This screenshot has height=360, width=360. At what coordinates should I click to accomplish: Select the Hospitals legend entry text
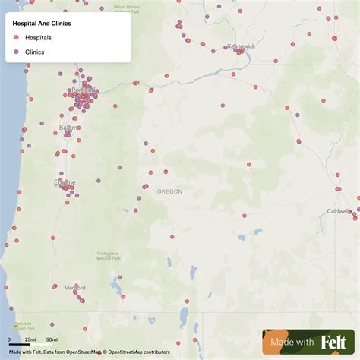tap(39, 37)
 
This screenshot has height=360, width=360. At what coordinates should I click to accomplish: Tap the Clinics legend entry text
tap(35, 52)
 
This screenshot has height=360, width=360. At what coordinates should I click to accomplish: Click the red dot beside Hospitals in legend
tap(17, 37)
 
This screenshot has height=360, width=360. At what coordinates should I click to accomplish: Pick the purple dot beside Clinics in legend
tap(17, 52)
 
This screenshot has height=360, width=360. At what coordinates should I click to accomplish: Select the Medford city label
tap(74, 287)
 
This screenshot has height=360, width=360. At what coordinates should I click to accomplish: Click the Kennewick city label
tap(241, 46)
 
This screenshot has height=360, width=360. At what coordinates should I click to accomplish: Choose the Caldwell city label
tap(339, 210)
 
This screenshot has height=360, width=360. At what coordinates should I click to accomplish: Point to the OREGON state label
tap(170, 191)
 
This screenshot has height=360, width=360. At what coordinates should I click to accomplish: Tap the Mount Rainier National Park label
tap(127, 8)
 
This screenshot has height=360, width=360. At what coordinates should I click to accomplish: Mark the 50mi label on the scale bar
tap(52, 339)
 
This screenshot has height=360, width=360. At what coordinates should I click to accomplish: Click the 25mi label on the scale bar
tap(30, 339)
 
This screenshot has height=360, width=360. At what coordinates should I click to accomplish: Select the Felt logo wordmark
tap(334, 343)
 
